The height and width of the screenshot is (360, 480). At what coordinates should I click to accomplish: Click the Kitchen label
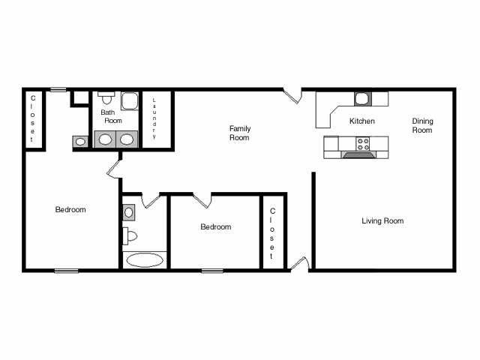[362, 121]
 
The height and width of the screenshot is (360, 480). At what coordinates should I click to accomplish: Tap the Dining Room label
[422, 125]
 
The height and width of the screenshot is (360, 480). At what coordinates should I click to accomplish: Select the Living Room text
[382, 221]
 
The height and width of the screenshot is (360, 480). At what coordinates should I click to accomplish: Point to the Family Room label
[239, 133]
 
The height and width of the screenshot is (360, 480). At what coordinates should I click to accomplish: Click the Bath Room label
[112, 116]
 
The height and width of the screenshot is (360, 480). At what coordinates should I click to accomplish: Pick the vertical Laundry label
[154, 119]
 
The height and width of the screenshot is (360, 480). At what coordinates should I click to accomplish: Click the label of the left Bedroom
[70, 210]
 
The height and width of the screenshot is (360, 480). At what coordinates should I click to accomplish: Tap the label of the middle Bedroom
[215, 226]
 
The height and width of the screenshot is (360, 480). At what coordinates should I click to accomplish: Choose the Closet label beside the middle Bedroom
[272, 229]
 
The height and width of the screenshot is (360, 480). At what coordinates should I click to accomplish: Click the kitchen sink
[361, 97]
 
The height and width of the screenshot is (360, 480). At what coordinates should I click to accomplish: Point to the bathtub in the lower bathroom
[143, 260]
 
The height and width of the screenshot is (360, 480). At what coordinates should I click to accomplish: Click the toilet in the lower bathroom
[130, 235]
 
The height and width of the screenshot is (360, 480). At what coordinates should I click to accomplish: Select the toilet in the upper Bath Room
[106, 98]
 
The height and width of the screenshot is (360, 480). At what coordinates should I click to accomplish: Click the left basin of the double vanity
[106, 139]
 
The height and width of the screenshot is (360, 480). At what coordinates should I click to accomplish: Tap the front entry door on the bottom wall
[298, 264]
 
